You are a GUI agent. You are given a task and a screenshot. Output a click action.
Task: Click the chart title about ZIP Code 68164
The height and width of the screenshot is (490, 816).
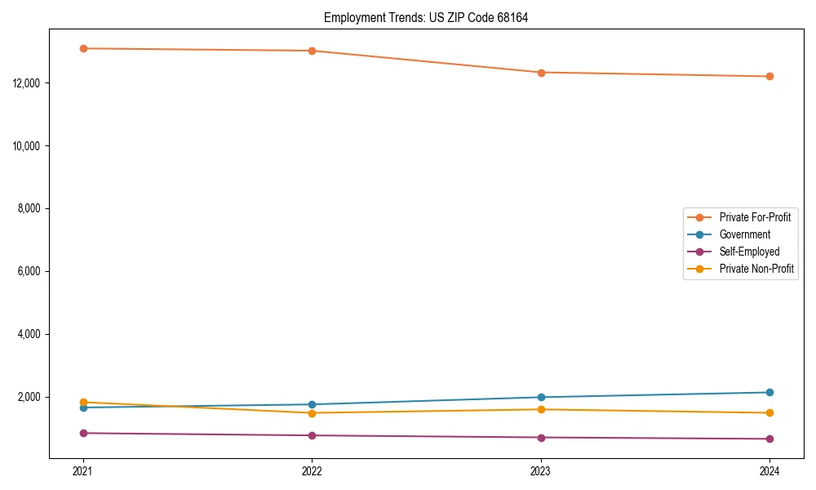[x=426, y=18]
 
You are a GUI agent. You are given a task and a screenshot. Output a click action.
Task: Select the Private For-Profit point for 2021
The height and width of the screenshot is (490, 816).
[x=83, y=48]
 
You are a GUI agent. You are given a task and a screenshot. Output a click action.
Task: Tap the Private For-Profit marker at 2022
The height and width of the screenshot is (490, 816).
[x=312, y=51]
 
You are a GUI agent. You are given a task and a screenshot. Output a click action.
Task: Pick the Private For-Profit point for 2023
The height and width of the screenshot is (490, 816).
[x=541, y=73]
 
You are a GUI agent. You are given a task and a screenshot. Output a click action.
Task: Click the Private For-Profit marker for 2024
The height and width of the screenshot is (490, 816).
[x=769, y=77]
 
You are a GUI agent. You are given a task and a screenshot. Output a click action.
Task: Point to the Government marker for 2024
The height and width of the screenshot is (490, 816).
[x=769, y=393]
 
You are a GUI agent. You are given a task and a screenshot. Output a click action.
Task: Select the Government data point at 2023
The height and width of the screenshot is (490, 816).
[x=541, y=398]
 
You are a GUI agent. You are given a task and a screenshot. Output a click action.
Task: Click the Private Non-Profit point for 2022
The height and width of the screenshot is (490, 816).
[x=312, y=413]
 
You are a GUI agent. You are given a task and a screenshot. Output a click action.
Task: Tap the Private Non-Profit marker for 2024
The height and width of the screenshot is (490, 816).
[x=769, y=413]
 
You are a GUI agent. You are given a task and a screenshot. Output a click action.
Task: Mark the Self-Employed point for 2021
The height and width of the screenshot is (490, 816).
[x=83, y=433]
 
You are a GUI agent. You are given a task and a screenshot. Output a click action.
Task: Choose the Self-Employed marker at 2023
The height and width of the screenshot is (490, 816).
[x=541, y=438]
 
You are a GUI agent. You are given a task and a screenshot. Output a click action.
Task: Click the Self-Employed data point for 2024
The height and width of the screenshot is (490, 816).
[x=769, y=439]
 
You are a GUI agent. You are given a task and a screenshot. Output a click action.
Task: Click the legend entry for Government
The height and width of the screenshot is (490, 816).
[x=744, y=234]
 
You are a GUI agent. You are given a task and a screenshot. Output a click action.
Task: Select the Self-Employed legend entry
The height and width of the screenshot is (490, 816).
[x=749, y=252]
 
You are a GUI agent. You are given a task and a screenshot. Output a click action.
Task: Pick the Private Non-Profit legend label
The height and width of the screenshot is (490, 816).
[x=756, y=269]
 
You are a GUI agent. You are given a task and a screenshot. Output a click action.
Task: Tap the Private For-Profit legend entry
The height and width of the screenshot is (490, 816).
[x=755, y=217]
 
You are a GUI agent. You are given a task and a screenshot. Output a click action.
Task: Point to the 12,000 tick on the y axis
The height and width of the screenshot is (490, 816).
[x=29, y=83]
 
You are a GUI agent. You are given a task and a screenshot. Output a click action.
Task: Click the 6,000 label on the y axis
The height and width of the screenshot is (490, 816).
[x=31, y=272]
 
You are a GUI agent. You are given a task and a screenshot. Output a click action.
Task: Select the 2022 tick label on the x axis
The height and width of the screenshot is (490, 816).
[x=312, y=471]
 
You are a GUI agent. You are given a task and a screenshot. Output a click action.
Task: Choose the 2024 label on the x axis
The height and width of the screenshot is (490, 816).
[x=769, y=471]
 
